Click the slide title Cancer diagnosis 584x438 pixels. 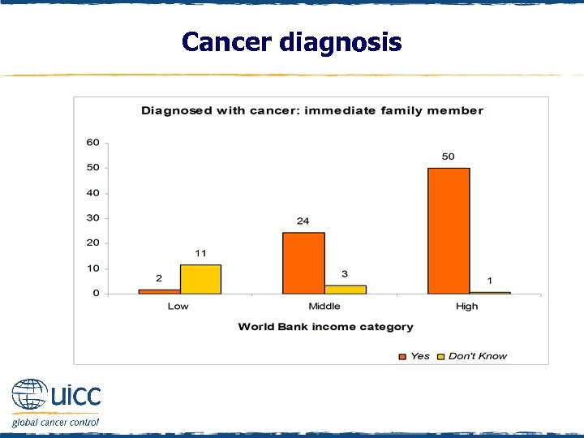[291, 41]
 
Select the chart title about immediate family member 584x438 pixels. [312, 110]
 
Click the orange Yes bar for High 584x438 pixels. [449, 230]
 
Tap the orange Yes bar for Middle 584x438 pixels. [303, 263]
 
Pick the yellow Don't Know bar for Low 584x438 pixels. [200, 279]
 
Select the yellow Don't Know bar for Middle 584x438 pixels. [346, 289]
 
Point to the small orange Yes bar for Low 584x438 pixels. [159, 290]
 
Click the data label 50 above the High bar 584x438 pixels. [448, 156]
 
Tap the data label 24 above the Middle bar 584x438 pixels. [303, 221]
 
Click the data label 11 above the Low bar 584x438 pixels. [200, 253]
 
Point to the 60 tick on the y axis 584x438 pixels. [93, 143]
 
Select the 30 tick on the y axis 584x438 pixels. [93, 218]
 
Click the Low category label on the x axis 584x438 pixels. [178, 307]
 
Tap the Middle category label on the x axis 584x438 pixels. [324, 307]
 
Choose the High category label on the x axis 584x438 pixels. [467, 307]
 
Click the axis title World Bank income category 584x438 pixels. [325, 327]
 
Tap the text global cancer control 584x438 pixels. [55, 422]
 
